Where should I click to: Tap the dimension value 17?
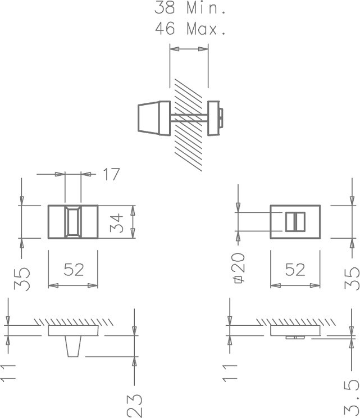[111, 175]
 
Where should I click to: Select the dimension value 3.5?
[351, 397]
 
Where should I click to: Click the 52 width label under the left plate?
[73, 270]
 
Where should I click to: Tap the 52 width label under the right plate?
[295, 270]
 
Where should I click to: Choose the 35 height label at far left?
[22, 279]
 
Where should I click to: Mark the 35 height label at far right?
[352, 279]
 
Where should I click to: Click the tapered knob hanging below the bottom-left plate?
[73, 347]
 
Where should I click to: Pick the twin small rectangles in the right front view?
[295, 222]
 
